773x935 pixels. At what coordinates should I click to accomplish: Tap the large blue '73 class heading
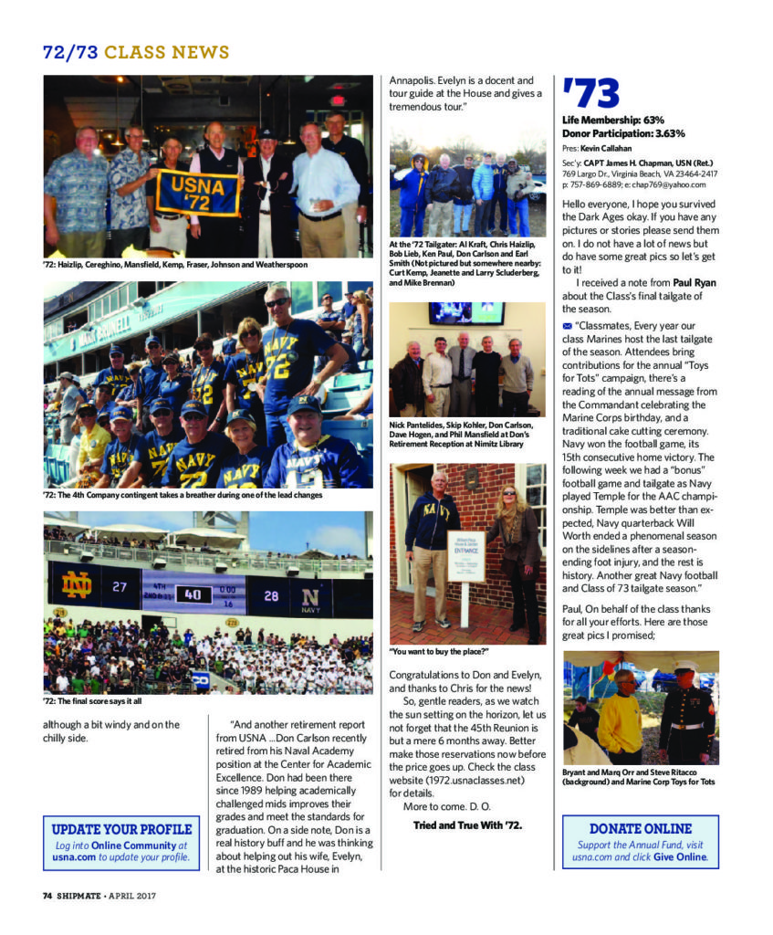(x=591, y=94)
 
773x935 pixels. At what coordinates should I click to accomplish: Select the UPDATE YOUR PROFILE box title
(x=121, y=829)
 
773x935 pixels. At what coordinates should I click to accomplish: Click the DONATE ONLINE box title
(x=640, y=828)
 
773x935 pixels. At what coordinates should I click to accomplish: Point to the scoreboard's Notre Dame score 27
(x=119, y=587)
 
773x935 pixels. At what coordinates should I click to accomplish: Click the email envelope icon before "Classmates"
(x=567, y=325)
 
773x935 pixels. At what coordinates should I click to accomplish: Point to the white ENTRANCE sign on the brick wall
(x=465, y=555)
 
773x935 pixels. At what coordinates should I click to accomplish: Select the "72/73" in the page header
(x=70, y=52)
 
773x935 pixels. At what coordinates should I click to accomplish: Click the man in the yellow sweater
(x=622, y=718)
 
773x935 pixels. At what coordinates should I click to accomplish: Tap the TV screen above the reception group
(x=466, y=313)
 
